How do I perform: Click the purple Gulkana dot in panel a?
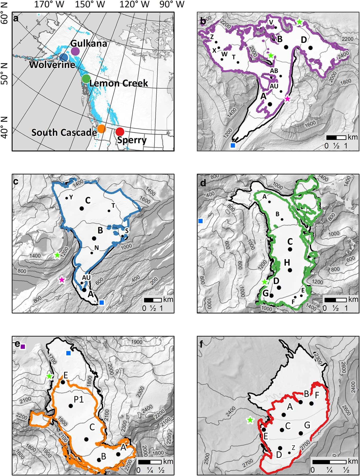tap(75, 51)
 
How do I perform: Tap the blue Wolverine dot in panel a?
tap(64, 58)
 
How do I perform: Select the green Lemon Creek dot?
tap(86, 78)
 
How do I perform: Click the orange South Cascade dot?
tap(101, 128)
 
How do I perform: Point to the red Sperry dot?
tap(120, 132)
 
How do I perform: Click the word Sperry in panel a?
tap(132, 140)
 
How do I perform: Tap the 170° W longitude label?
tap(49, 4)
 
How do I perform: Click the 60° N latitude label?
tap(5, 17)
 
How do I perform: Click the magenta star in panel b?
tap(287, 99)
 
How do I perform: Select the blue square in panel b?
tap(233, 145)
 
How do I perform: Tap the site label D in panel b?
tap(304, 40)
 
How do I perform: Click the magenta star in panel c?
tap(61, 280)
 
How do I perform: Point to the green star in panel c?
tap(57, 255)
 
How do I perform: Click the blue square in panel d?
tap(201, 221)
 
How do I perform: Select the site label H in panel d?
tap(287, 262)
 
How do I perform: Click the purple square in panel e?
tap(23, 347)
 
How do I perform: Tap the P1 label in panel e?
tap(79, 399)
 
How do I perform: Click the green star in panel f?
tap(250, 420)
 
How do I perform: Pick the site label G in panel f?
tap(307, 425)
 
